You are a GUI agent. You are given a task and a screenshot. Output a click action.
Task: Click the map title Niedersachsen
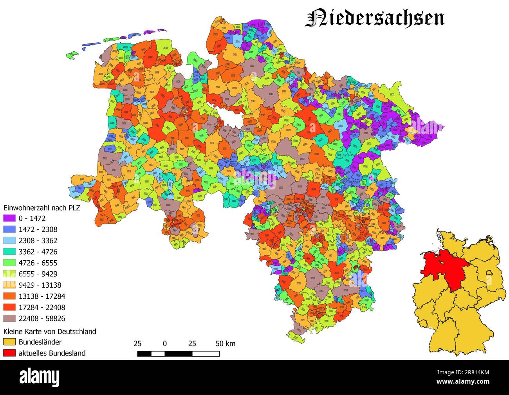click(x=374, y=18)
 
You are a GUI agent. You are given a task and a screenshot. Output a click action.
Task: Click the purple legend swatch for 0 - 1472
click(x=9, y=218)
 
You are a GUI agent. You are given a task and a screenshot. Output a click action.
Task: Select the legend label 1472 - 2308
click(x=38, y=229)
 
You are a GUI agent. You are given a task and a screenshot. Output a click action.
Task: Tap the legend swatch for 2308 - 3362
click(x=9, y=241)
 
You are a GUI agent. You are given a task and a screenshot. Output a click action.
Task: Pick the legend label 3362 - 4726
click(x=38, y=252)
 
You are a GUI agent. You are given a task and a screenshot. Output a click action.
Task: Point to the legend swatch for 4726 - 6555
click(x=9, y=263)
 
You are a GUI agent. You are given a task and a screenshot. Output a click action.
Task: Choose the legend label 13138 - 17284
click(x=42, y=296)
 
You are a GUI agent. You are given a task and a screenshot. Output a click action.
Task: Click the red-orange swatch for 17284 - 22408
click(x=9, y=308)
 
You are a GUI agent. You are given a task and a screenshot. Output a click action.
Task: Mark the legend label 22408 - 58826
click(x=42, y=319)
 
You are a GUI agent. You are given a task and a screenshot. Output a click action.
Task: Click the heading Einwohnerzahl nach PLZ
click(x=42, y=208)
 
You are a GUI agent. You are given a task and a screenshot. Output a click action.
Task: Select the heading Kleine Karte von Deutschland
click(x=50, y=332)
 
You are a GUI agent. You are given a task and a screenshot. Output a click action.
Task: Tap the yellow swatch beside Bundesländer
click(x=9, y=342)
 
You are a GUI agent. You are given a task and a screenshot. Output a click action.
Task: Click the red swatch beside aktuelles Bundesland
click(x=9, y=353)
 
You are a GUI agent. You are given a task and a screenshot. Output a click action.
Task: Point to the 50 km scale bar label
click(x=226, y=344)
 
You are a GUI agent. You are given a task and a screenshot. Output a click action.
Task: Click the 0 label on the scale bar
click(x=165, y=344)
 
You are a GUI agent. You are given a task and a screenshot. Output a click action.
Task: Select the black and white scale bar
click(x=178, y=354)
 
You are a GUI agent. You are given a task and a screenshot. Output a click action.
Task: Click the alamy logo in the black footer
click(x=40, y=377)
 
